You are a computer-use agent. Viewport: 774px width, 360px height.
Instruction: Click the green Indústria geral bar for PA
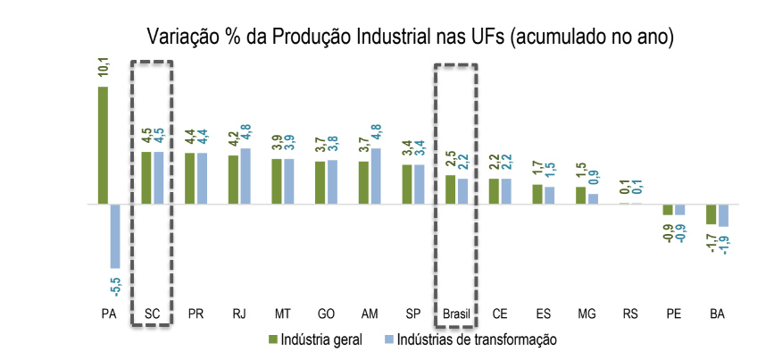[x=103, y=145]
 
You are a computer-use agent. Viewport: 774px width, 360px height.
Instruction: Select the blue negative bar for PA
[x=115, y=236]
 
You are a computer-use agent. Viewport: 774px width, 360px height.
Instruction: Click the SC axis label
[x=152, y=314]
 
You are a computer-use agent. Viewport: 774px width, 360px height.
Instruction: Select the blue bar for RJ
[x=246, y=176]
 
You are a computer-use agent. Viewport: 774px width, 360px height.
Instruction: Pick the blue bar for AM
[x=375, y=176]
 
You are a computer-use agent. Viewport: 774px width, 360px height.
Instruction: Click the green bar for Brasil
[x=450, y=189]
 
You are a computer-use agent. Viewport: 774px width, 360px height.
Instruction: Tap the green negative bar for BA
[x=712, y=213]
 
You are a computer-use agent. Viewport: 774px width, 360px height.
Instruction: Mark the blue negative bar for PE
[x=679, y=209]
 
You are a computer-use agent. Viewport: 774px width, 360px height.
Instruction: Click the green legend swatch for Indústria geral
[x=272, y=339]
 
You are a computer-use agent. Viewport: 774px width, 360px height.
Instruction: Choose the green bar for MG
[x=580, y=195]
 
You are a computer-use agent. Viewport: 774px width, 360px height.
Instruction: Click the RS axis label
[x=630, y=314]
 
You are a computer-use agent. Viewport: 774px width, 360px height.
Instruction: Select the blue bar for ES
[x=549, y=195]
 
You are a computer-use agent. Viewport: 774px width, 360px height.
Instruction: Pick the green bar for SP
[x=406, y=184]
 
